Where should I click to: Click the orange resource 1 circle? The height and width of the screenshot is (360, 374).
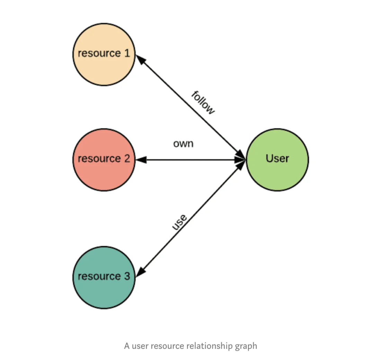104,54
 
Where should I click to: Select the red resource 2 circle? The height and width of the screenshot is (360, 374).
104,160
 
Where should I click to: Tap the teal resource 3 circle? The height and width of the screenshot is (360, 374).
104,278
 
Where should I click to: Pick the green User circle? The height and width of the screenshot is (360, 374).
277,160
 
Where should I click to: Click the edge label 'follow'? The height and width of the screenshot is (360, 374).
203,103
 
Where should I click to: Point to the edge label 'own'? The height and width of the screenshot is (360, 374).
183,144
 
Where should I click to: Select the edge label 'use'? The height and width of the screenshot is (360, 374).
179,222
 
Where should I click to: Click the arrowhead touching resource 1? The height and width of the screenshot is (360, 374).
140,60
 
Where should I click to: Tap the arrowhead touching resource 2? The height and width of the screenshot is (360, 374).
141,160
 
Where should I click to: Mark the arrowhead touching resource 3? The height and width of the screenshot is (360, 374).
141,272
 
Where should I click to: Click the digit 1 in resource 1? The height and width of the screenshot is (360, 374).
127,53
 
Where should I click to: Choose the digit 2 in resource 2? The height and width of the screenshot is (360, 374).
127,158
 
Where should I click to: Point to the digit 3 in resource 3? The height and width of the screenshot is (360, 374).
127,276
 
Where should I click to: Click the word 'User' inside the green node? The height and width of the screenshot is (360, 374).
277,158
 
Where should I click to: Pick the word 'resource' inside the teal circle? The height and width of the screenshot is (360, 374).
99,276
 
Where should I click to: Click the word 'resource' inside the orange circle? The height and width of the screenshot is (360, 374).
99,53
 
